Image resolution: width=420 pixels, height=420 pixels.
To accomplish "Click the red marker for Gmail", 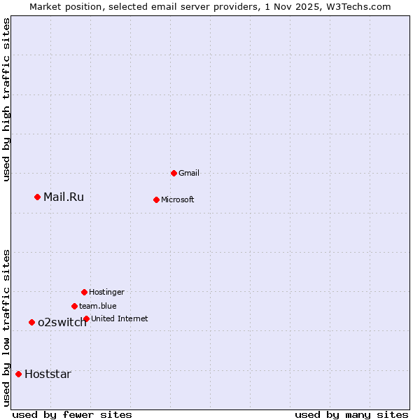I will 174,173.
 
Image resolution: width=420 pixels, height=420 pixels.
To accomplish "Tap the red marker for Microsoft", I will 156,199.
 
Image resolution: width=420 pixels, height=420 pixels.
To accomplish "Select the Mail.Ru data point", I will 38,197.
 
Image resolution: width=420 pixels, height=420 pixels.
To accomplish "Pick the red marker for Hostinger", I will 84,292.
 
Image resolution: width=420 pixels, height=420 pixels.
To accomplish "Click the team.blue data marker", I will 74,306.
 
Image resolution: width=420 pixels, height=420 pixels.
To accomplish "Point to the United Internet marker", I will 86,318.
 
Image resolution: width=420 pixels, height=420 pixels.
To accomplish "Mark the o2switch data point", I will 31,322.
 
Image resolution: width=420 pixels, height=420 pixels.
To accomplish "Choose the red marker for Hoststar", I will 18,374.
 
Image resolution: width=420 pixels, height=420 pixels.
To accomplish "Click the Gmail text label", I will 189,173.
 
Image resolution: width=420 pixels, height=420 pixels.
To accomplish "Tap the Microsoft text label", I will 178,199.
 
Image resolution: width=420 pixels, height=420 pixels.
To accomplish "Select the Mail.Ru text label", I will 64,197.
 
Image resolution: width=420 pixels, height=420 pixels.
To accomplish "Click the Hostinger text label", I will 106,292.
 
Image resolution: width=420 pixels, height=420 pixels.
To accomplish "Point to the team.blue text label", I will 98,306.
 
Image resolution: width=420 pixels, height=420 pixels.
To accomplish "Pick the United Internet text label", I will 120,318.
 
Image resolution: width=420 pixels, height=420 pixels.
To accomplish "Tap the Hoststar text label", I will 48,374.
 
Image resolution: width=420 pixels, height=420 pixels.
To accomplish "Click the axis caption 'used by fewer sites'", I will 72,414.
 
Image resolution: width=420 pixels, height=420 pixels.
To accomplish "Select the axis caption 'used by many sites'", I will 351,414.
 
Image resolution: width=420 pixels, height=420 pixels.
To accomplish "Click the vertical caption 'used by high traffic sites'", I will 7,99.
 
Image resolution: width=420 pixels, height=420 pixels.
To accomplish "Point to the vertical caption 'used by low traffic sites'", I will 7,328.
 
